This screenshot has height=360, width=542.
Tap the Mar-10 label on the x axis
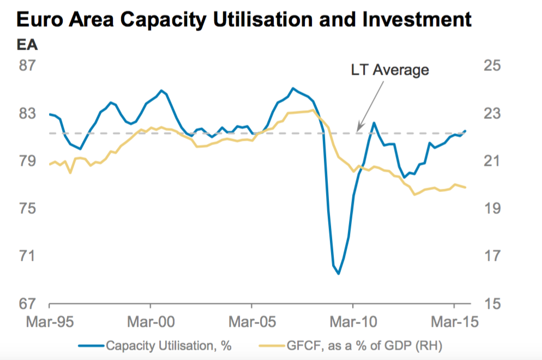point(353,322)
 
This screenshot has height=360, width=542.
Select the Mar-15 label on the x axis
point(454,322)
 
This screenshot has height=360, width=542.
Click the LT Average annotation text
point(389,70)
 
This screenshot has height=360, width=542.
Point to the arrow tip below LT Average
point(357,131)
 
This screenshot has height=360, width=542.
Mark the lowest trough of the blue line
point(339,273)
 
